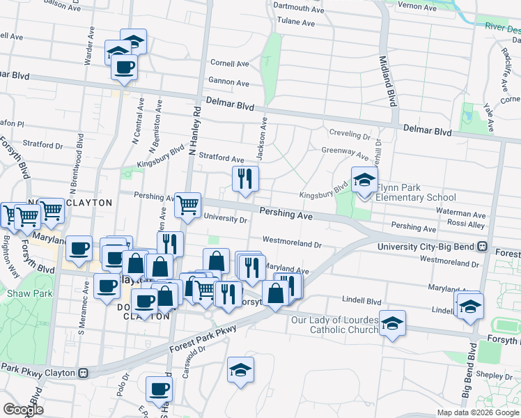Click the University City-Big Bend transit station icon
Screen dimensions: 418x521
481,247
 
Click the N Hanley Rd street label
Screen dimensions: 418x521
197,130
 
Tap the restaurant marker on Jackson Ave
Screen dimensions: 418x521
244,178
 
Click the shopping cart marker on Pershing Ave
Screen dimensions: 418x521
187,205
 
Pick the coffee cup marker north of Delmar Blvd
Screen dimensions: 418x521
124,67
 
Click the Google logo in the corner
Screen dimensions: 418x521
24,410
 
